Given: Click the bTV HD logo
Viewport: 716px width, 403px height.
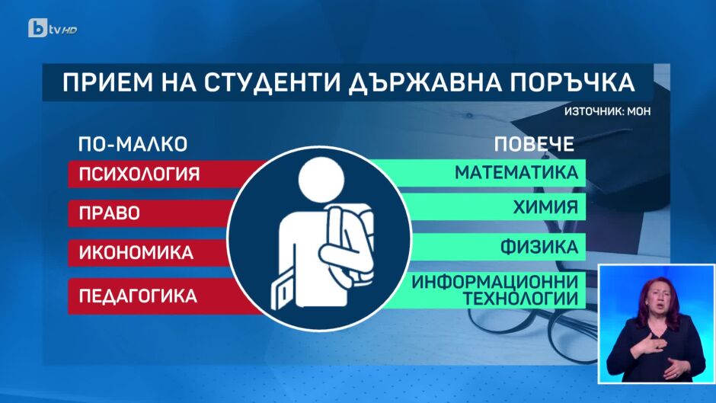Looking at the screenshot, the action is point(52,28).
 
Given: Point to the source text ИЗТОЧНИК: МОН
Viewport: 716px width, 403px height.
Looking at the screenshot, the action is point(607,111).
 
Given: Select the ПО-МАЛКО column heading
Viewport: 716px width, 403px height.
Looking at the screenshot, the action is point(133,144).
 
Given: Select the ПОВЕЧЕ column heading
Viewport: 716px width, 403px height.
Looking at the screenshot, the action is point(534,144).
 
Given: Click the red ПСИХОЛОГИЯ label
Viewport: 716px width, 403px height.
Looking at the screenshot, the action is point(139,174).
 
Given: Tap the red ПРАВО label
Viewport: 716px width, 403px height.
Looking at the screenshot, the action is point(109,213).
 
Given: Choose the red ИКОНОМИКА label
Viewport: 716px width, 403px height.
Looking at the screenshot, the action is point(136,253).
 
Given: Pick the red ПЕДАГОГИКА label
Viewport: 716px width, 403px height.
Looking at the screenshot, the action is point(138,296).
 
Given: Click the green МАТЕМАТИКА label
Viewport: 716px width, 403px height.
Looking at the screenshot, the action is point(516,172).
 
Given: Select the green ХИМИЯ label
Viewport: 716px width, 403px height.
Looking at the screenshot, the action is point(545,207).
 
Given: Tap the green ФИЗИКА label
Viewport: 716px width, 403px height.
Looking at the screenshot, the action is point(539,247).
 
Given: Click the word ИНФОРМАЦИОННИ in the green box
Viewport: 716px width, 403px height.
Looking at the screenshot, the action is point(495,281).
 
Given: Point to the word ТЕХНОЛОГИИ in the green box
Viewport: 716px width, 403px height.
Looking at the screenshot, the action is point(520,299).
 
